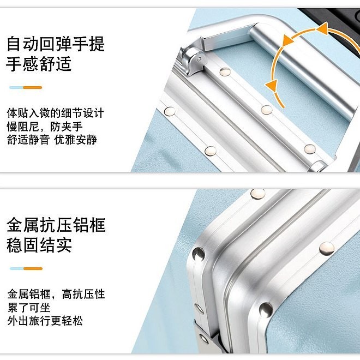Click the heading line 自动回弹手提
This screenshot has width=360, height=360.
click(x=56, y=44)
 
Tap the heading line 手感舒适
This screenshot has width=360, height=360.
click(x=39, y=64)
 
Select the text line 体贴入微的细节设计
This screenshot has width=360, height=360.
click(x=55, y=113)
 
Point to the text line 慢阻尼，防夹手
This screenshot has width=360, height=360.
click(x=45, y=127)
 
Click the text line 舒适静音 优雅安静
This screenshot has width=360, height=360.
click(x=52, y=140)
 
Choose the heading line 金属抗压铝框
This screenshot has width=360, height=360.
click(x=56, y=225)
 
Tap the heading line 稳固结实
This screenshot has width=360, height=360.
click(x=39, y=245)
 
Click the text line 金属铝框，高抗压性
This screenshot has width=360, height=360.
click(x=56, y=294)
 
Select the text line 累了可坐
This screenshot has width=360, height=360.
click(x=29, y=308)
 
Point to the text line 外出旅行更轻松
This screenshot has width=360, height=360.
click(x=45, y=321)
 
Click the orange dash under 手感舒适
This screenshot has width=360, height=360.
click(x=32, y=87)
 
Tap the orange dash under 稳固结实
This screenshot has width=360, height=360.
click(x=33, y=268)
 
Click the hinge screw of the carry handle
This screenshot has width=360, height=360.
click(x=199, y=59)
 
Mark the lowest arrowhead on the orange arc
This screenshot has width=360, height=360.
click(x=272, y=86)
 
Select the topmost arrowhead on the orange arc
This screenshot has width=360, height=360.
click(x=322, y=28)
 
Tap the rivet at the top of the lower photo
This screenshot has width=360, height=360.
click(x=258, y=194)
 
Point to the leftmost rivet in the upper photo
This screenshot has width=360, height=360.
click(x=170, y=111)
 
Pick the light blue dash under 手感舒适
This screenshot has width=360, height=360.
click(x=16, y=87)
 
